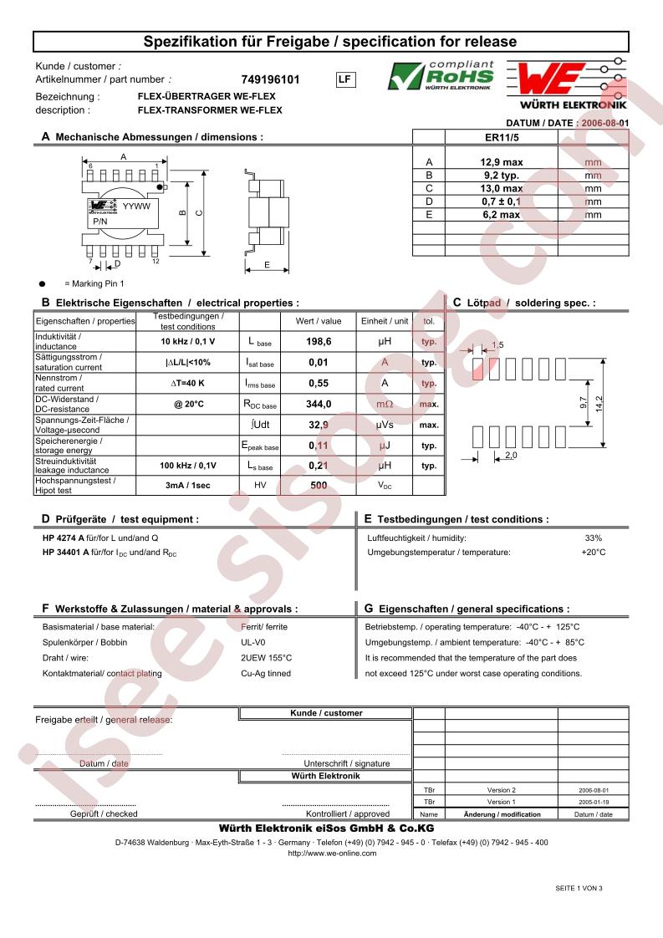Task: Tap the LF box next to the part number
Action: click(x=344, y=79)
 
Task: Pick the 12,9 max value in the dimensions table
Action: click(x=501, y=162)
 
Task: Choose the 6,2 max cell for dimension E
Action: click(x=501, y=215)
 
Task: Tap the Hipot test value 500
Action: click(x=319, y=486)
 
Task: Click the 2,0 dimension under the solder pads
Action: click(x=512, y=456)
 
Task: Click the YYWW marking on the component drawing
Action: click(x=136, y=206)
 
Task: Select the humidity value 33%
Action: click(x=593, y=538)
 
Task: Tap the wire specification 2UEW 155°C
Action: click(x=266, y=658)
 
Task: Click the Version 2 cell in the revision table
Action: click(x=501, y=790)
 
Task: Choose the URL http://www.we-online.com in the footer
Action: click(x=332, y=854)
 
